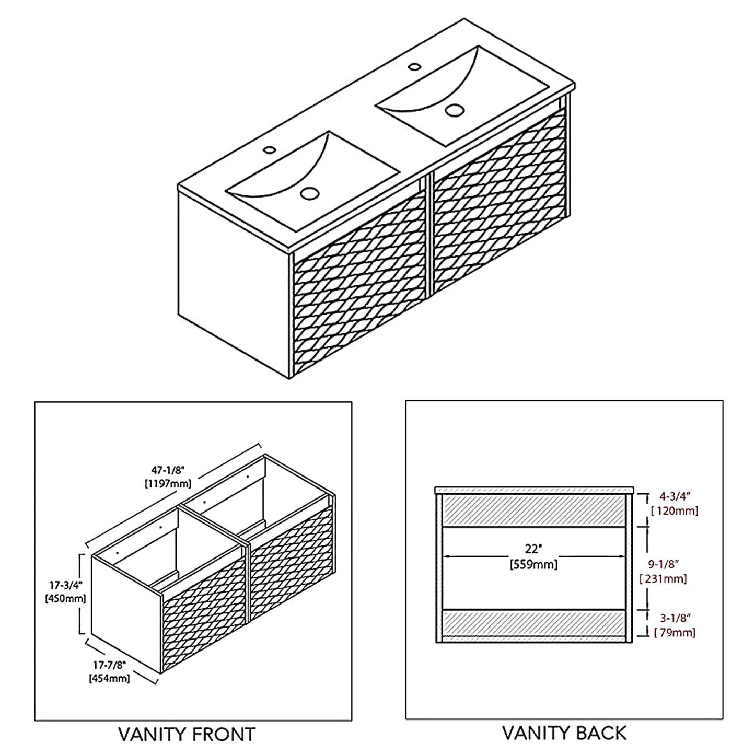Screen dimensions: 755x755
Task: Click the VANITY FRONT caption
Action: click(x=187, y=734)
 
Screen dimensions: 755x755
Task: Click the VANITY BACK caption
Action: click(x=565, y=733)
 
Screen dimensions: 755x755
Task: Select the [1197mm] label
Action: click(x=168, y=484)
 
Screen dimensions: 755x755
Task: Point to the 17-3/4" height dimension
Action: click(x=65, y=586)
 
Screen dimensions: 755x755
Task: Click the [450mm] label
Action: click(x=65, y=598)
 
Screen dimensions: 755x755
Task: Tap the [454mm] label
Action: click(x=109, y=678)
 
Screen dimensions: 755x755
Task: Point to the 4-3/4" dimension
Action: click(x=675, y=496)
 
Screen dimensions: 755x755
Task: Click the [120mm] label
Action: click(x=675, y=511)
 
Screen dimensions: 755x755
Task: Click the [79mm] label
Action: click(x=675, y=632)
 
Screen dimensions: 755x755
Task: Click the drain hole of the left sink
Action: click(x=310, y=193)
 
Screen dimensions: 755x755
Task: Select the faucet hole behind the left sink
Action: click(x=270, y=149)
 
